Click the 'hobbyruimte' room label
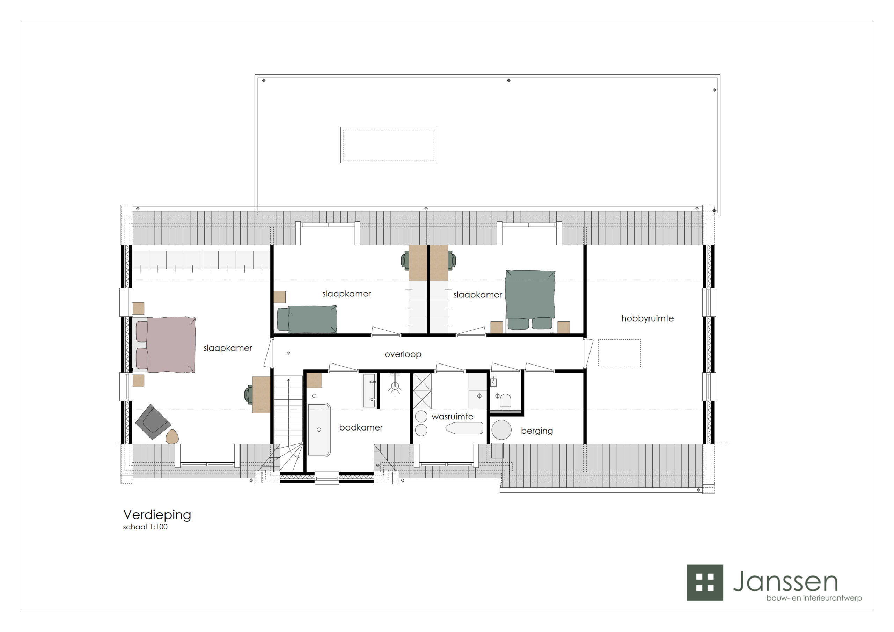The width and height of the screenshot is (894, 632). pos(647,318)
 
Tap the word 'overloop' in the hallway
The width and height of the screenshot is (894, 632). pos(403,354)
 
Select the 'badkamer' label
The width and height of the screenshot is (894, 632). pos(361,428)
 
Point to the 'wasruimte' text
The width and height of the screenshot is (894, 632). pos(453,417)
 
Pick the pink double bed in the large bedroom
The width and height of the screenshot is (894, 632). pos(166,345)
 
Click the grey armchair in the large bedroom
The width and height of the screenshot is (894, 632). pos(153,422)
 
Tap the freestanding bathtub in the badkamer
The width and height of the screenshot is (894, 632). pos(319,430)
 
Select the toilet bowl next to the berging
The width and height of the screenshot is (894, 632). pos(505,402)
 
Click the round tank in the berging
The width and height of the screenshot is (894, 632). pos(501,430)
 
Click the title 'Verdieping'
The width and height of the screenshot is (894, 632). pos(157,515)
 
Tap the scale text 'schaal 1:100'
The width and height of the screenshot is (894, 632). pos(145,527)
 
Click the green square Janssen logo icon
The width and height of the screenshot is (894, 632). pos(705,582)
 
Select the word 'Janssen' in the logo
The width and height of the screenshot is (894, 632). pos(785,581)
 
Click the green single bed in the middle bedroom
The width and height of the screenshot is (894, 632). pos(307,319)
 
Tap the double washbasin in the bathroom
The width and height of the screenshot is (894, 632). pos(369,391)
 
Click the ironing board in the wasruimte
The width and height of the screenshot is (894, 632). pos(464,428)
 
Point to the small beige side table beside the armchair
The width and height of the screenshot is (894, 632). pos(172,437)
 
